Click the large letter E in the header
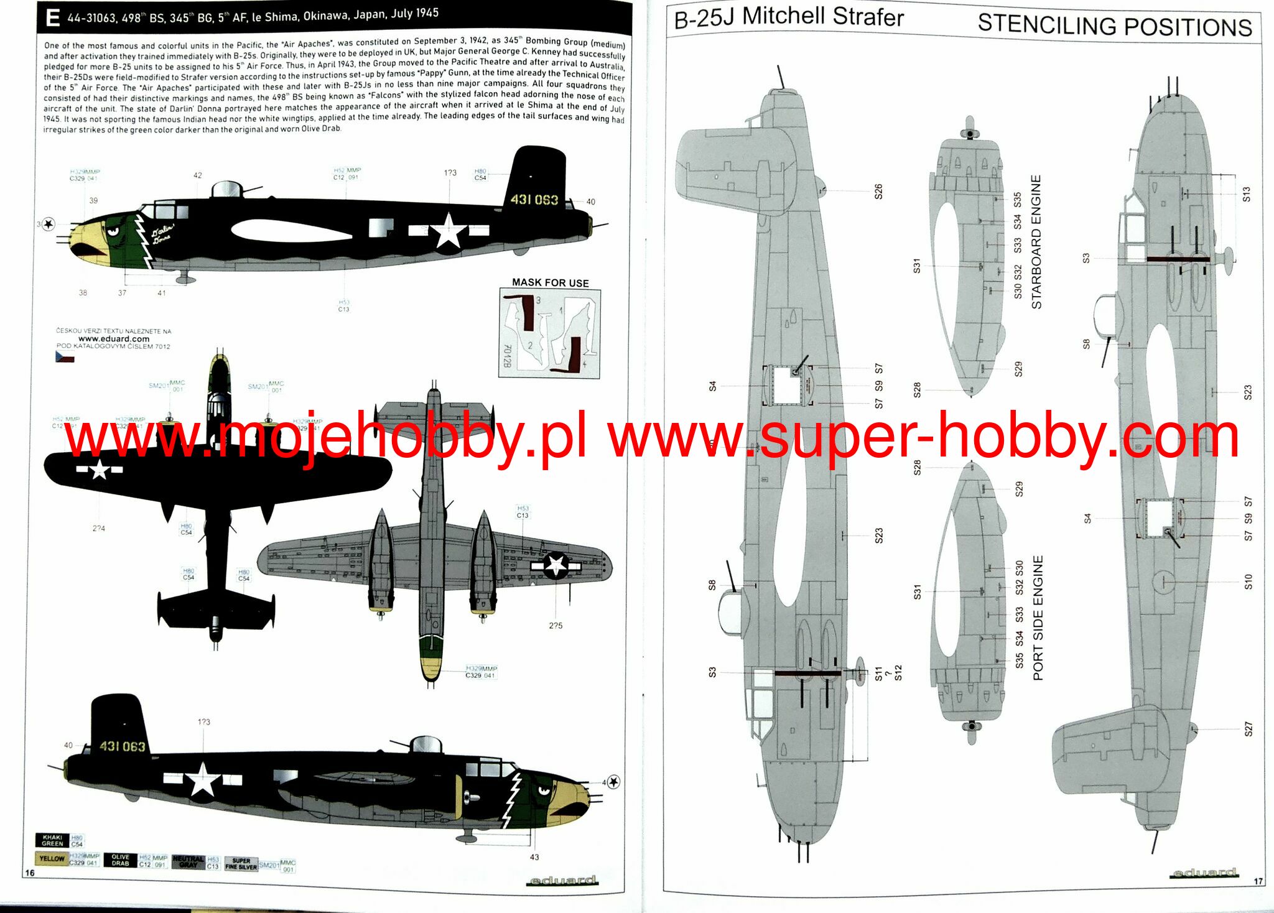click(x=53, y=18)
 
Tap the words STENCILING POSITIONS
click(x=1114, y=25)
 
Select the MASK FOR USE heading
click(x=550, y=282)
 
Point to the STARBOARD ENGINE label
click(x=1036, y=242)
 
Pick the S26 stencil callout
click(x=878, y=192)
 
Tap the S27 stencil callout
click(x=1248, y=730)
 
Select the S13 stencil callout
click(x=1246, y=195)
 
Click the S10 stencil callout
click(x=1248, y=582)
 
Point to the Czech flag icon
click(x=65, y=357)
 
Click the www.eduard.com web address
click(x=114, y=339)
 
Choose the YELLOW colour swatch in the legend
click(x=52, y=858)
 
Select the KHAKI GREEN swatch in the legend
click(x=53, y=840)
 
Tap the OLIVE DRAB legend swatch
click(x=120, y=860)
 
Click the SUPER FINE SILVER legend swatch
click(x=241, y=863)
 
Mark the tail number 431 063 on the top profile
click(x=534, y=200)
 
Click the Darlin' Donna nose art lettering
click(x=162, y=234)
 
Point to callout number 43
click(x=534, y=857)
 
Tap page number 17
click(x=1258, y=881)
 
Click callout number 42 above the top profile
click(x=198, y=175)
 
